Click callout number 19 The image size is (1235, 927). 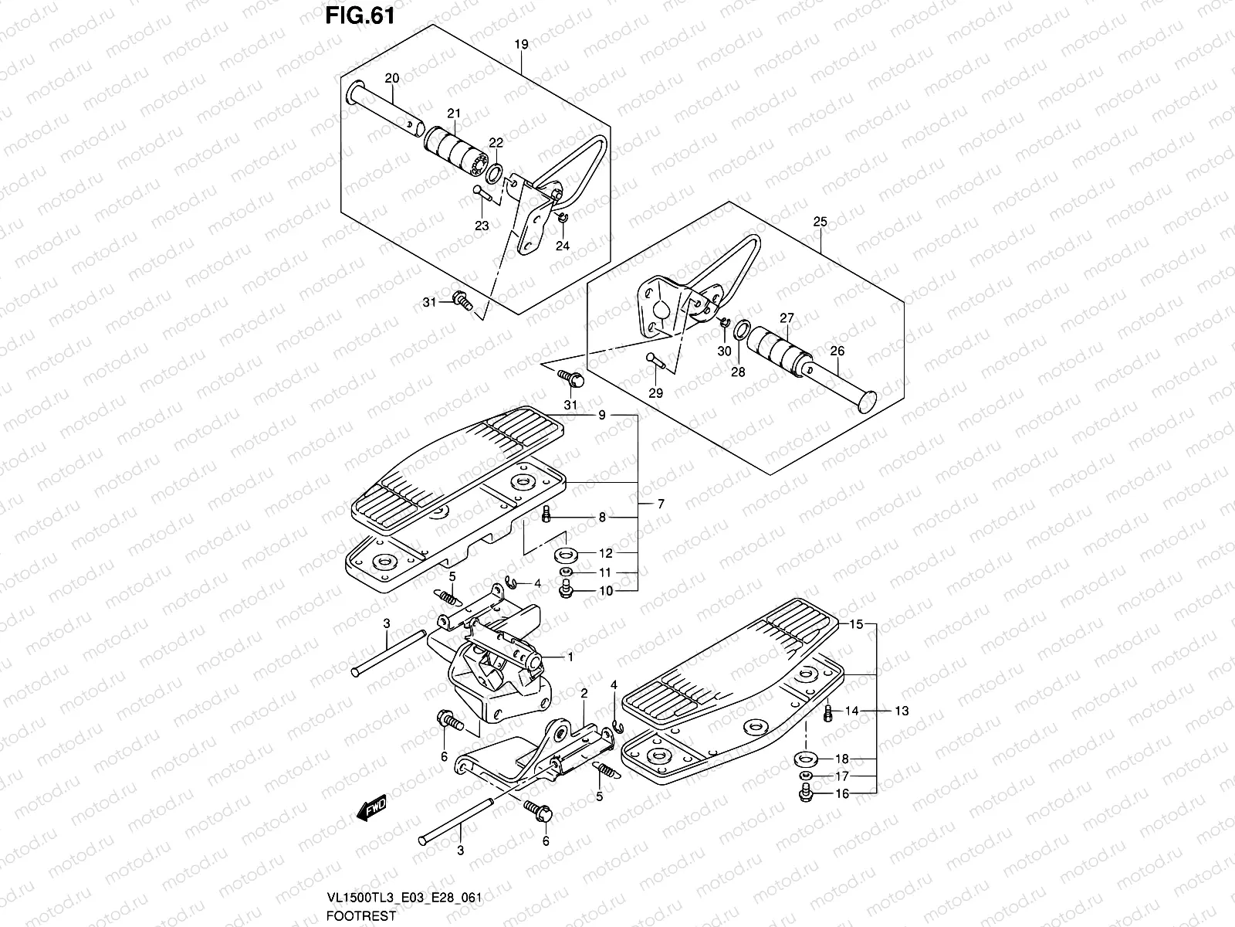(x=521, y=45)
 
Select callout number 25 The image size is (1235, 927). (x=820, y=222)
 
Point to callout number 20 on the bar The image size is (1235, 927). (x=392, y=79)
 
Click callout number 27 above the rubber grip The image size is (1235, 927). (x=786, y=317)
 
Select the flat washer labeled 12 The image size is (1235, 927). (x=567, y=553)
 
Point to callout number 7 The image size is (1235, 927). (x=661, y=504)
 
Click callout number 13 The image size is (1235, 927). (x=902, y=710)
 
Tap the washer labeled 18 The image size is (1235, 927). (x=805, y=758)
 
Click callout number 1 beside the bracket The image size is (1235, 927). (x=570, y=657)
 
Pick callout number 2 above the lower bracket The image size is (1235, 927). (x=584, y=693)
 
